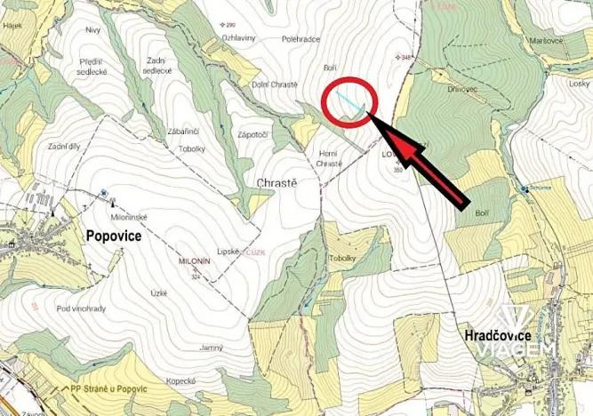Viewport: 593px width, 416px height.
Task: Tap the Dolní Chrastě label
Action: tap(276, 84)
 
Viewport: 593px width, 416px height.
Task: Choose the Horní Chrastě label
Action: tap(329, 158)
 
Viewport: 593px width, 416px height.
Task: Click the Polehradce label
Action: tap(300, 40)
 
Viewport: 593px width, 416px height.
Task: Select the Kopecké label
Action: tap(180, 380)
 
